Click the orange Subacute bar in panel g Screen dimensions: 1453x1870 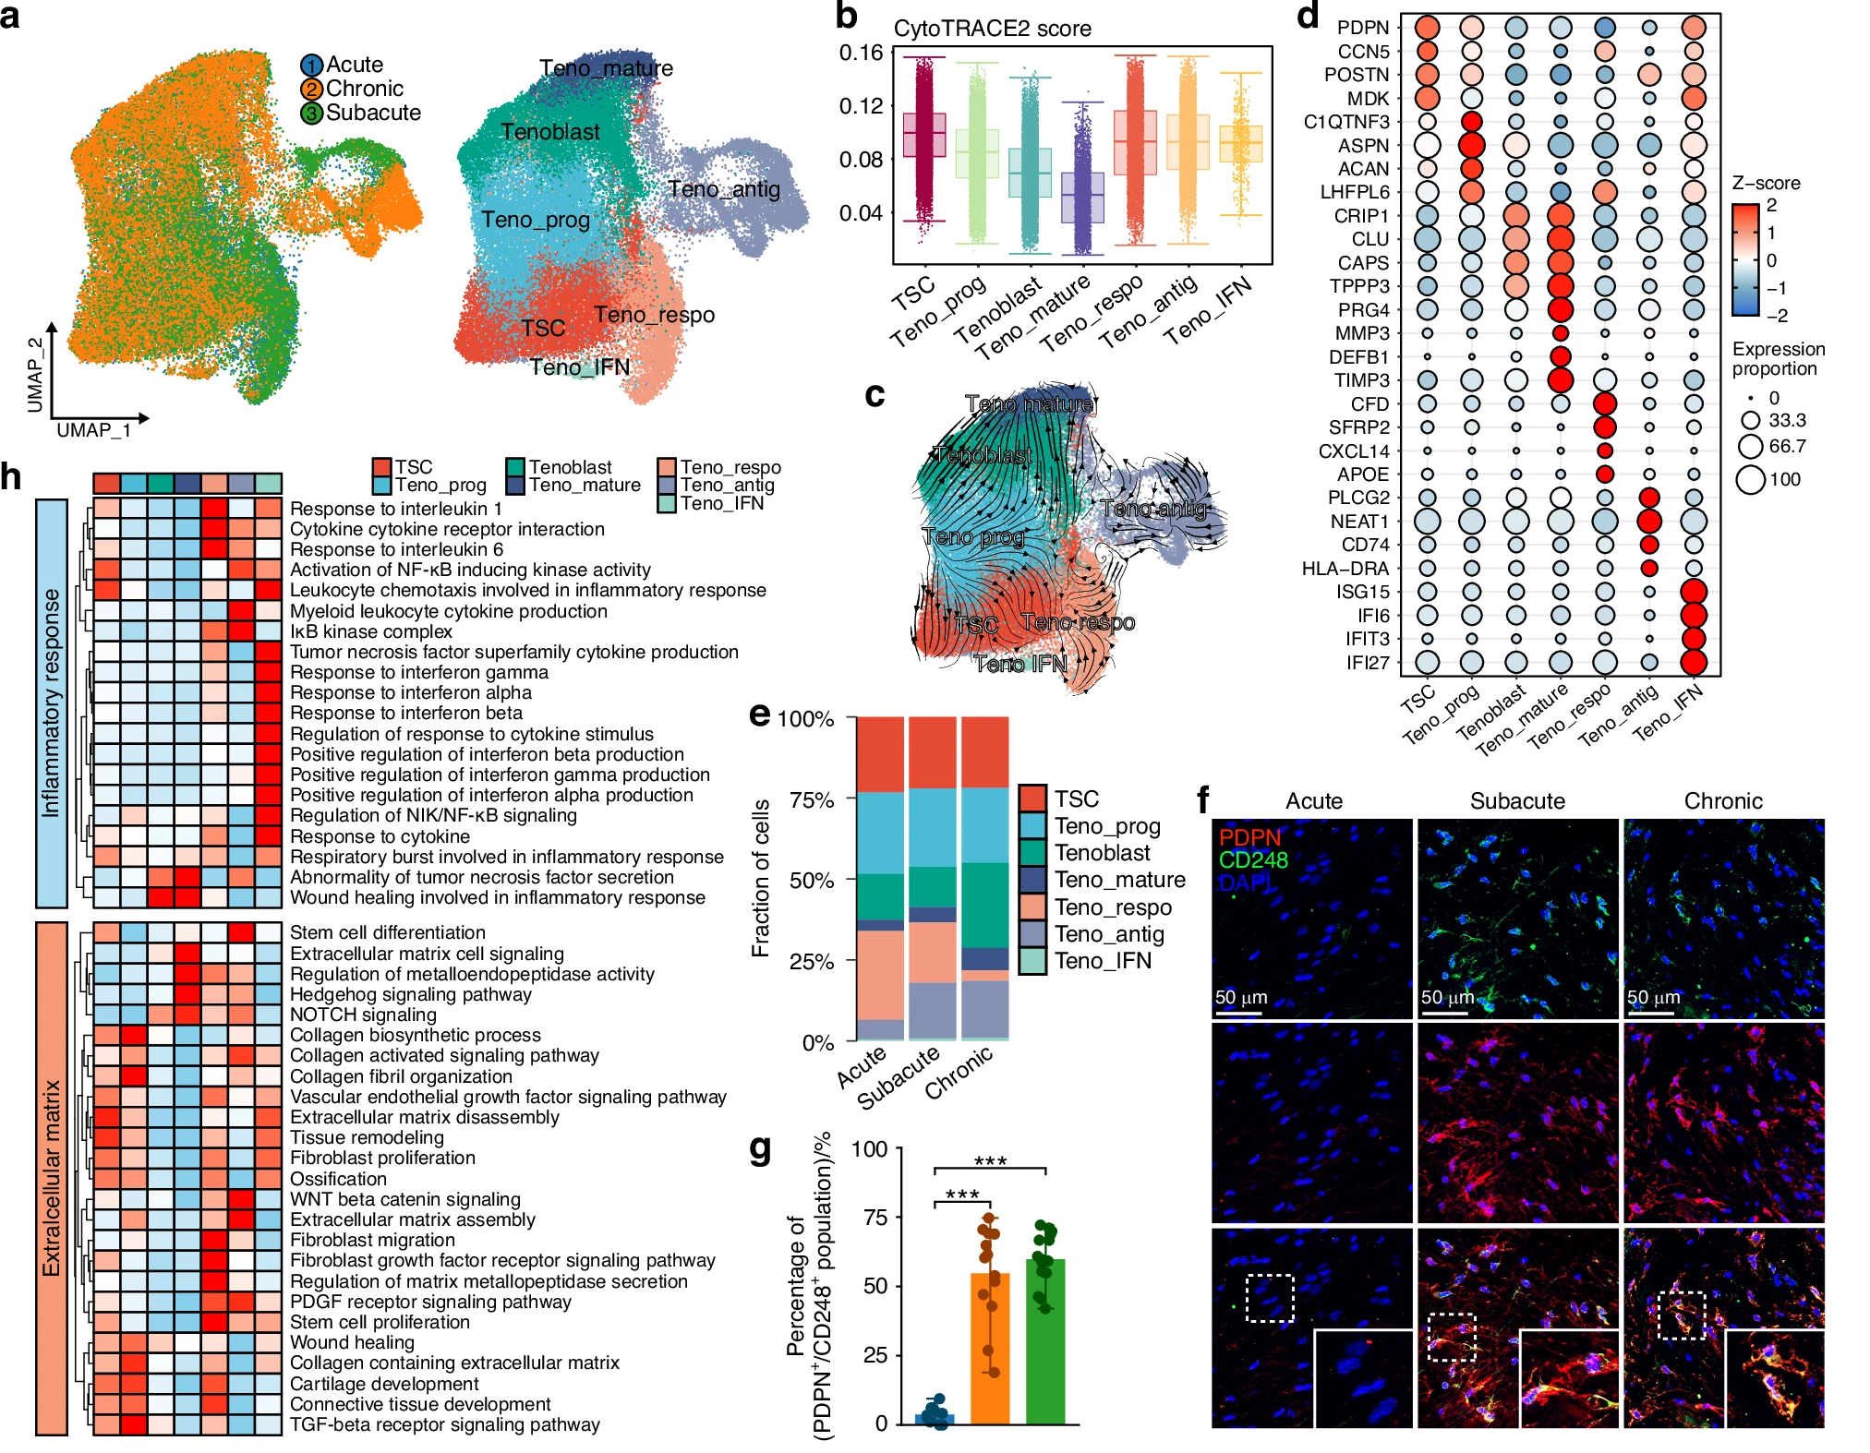(990, 1348)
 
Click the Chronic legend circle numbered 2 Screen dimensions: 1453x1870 (312, 90)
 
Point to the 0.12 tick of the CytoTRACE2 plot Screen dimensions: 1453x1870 (861, 106)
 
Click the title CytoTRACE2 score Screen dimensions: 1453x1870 (992, 29)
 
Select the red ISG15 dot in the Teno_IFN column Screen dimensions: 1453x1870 (1694, 592)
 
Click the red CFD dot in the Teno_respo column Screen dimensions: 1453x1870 (1605, 403)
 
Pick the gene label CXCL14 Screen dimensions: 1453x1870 (1354, 451)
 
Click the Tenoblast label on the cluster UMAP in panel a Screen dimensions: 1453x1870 (550, 132)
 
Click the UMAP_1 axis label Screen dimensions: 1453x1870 (93, 430)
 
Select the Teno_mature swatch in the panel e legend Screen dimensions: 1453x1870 (1032, 880)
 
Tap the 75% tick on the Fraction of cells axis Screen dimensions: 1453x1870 (812, 800)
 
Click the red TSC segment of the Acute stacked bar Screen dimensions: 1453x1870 (880, 754)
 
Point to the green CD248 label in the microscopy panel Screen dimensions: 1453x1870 (1252, 860)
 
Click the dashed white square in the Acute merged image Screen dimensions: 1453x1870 (1270, 1298)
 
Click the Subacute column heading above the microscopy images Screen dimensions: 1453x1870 (1517, 801)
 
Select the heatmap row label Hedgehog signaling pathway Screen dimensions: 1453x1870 (411, 994)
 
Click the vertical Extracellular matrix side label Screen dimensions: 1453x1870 (52, 1178)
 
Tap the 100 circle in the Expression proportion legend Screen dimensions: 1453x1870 (1751, 479)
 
